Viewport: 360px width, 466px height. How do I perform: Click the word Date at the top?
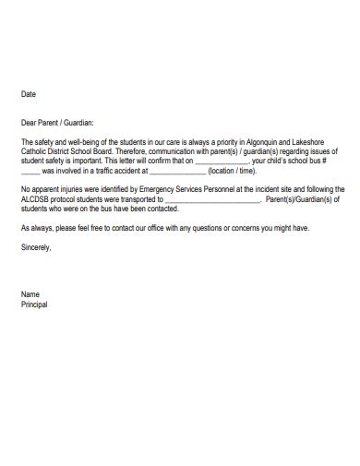tap(28, 94)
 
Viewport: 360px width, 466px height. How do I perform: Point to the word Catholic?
tap(35, 151)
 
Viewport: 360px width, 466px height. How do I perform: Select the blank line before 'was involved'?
tap(30, 172)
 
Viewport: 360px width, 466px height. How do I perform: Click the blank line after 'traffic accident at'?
tap(177, 172)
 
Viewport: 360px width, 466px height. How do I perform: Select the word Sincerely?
tap(37, 248)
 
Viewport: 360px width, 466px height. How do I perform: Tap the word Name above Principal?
tap(30, 294)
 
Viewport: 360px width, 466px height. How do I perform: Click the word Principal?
tap(34, 305)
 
